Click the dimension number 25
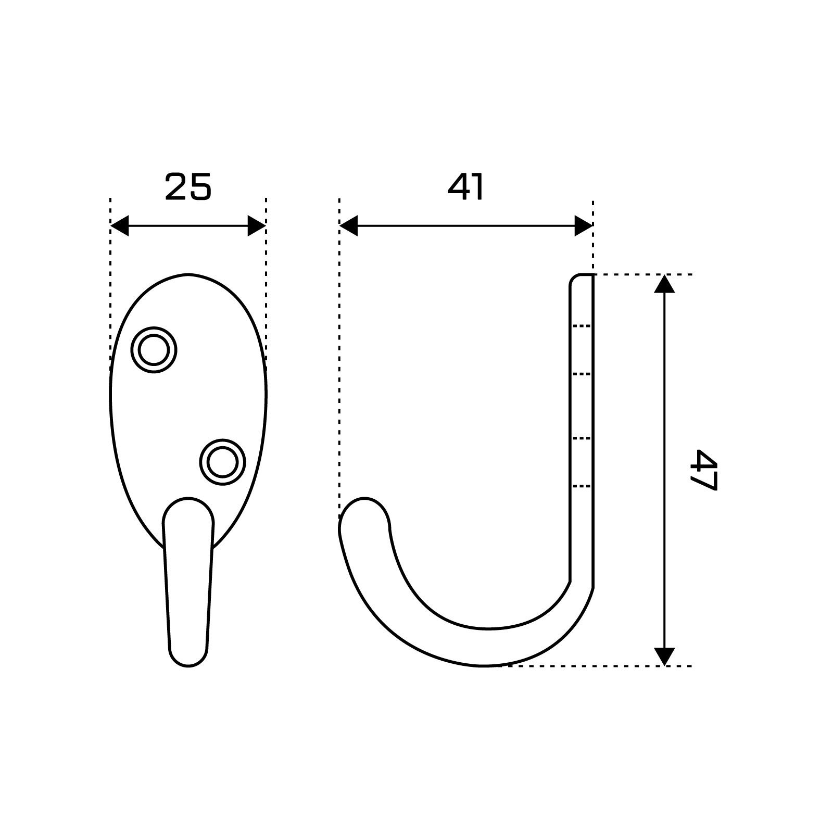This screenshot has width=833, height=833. pyautogui.click(x=188, y=187)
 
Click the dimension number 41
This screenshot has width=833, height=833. pyautogui.click(x=465, y=187)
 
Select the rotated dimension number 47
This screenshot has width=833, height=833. pyautogui.click(x=703, y=470)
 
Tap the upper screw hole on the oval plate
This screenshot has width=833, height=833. pyautogui.click(x=154, y=350)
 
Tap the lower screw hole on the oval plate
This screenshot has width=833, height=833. pyautogui.click(x=222, y=462)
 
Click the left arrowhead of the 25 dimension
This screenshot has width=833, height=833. pyautogui.click(x=120, y=226)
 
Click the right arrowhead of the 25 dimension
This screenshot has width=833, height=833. pyautogui.click(x=257, y=226)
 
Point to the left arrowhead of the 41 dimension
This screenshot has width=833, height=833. pyautogui.click(x=348, y=226)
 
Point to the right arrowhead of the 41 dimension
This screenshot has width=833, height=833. pyautogui.click(x=584, y=226)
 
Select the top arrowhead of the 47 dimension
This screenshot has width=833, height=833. pyautogui.click(x=664, y=284)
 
